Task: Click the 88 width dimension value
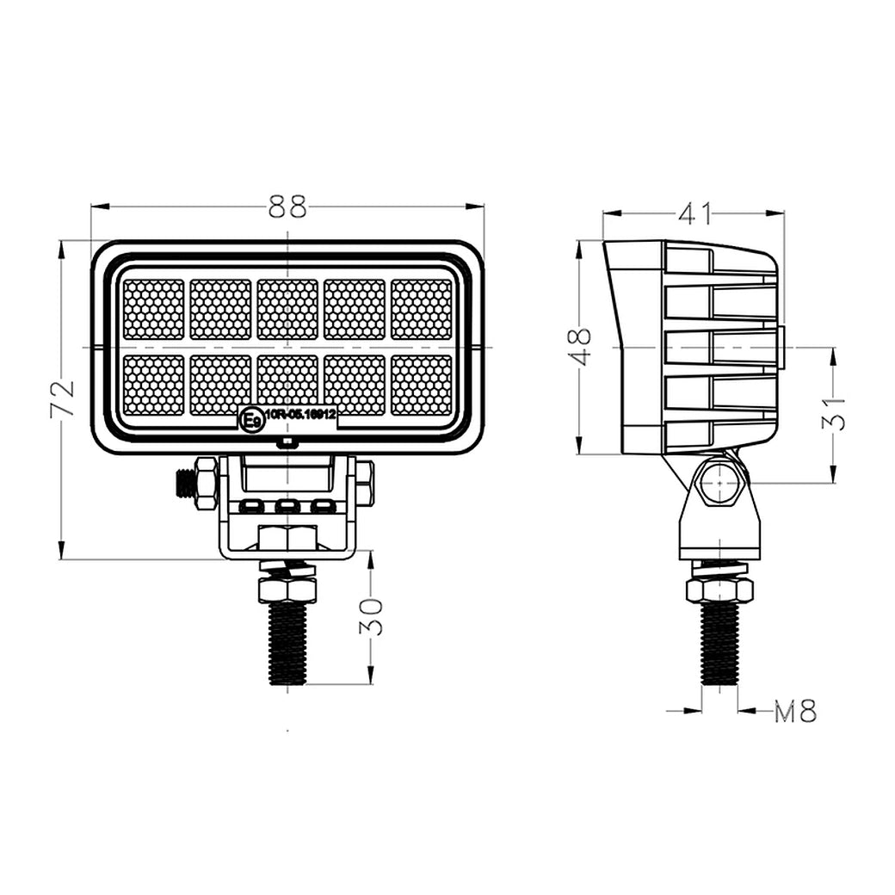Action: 287,207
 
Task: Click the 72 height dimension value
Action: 63,398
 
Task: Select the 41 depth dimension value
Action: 694,213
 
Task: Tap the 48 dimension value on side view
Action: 582,346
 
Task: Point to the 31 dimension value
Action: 833,414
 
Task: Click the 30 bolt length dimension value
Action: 370,616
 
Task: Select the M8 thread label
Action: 794,712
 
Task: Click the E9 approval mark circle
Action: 251,420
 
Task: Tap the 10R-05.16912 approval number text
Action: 300,415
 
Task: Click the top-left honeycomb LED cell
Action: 153,309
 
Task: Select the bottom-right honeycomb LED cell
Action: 422,385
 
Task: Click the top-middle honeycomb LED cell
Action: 287,309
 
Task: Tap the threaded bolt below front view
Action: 287,643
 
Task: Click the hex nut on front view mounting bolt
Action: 287,589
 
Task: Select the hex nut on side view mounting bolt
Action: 719,589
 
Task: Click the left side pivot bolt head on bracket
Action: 205,484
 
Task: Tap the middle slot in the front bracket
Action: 287,506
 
